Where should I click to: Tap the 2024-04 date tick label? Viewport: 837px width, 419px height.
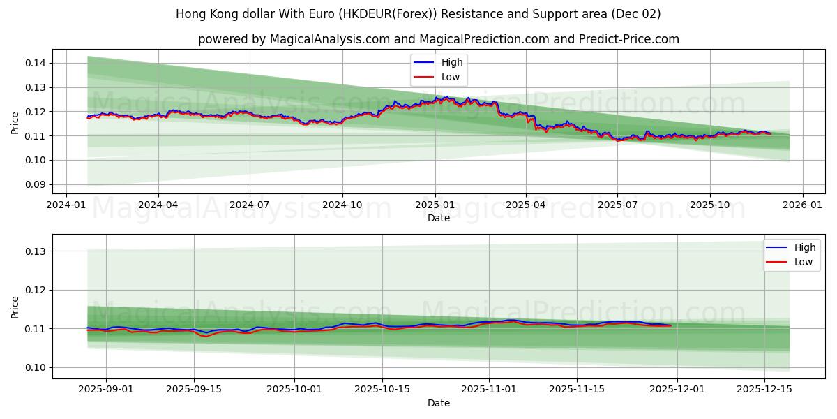158,205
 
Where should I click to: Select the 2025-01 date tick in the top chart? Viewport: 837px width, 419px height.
435,205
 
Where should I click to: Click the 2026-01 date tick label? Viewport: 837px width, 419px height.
802,205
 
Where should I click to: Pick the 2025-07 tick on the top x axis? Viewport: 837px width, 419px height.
617,205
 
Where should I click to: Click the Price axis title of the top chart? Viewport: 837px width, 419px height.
15,124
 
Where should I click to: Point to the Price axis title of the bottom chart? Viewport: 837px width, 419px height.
15,307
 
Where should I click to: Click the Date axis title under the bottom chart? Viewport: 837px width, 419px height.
439,403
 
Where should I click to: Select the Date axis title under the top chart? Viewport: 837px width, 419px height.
439,218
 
